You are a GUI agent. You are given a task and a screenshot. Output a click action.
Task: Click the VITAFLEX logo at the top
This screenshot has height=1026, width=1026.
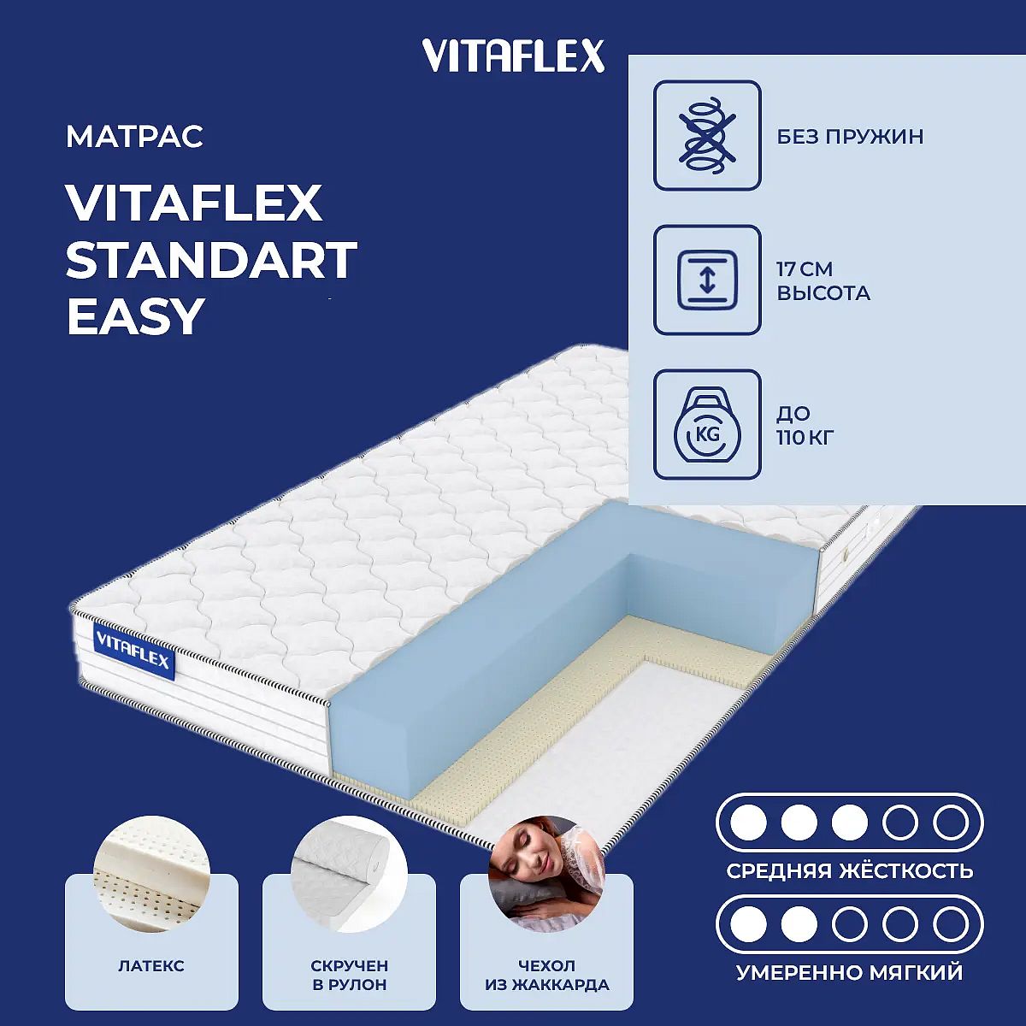tap(513, 56)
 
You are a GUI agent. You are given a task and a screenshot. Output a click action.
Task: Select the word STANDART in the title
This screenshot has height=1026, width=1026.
tap(211, 259)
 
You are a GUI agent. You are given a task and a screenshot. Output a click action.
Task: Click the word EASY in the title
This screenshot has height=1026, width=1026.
tap(136, 315)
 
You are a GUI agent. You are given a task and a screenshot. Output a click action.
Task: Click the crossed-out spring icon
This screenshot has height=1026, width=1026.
tap(707, 135)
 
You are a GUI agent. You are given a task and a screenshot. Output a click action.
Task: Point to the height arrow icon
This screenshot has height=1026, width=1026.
tap(707, 280)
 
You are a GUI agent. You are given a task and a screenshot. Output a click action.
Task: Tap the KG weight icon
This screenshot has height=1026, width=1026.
tap(707, 424)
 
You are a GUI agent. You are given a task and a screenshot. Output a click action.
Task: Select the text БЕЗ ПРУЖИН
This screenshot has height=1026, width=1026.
tap(850, 137)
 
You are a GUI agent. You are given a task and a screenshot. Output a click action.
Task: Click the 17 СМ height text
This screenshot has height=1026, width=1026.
tap(805, 268)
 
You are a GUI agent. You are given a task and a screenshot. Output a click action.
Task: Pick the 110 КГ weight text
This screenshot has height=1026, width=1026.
tap(805, 438)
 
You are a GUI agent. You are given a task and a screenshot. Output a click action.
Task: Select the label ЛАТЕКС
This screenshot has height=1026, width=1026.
tap(151, 966)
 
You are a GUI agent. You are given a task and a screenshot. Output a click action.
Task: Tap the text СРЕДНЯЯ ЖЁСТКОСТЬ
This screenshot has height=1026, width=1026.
tap(850, 871)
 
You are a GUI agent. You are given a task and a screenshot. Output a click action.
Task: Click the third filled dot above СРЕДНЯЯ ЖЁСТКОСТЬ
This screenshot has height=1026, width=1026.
tap(850, 823)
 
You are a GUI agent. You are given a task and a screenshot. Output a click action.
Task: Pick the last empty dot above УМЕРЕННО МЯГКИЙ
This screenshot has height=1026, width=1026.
tap(951, 925)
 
